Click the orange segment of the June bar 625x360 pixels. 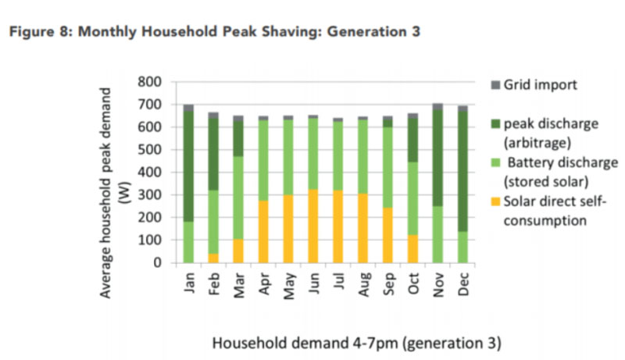312,226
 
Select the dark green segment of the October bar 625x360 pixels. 412,139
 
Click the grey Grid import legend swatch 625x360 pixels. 495,84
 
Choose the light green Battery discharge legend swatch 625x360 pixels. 495,163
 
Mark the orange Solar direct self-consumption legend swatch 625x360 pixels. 495,201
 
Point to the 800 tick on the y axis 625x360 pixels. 149,82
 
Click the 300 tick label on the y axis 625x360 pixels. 149,195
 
